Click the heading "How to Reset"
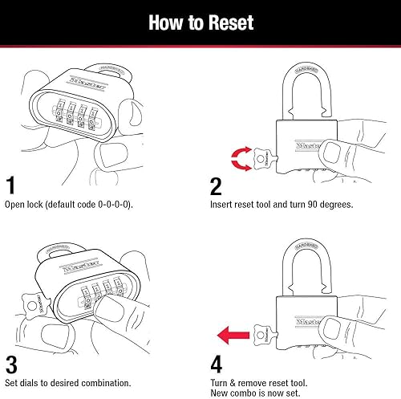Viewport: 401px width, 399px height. coord(200,22)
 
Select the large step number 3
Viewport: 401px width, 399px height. coord(12,363)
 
